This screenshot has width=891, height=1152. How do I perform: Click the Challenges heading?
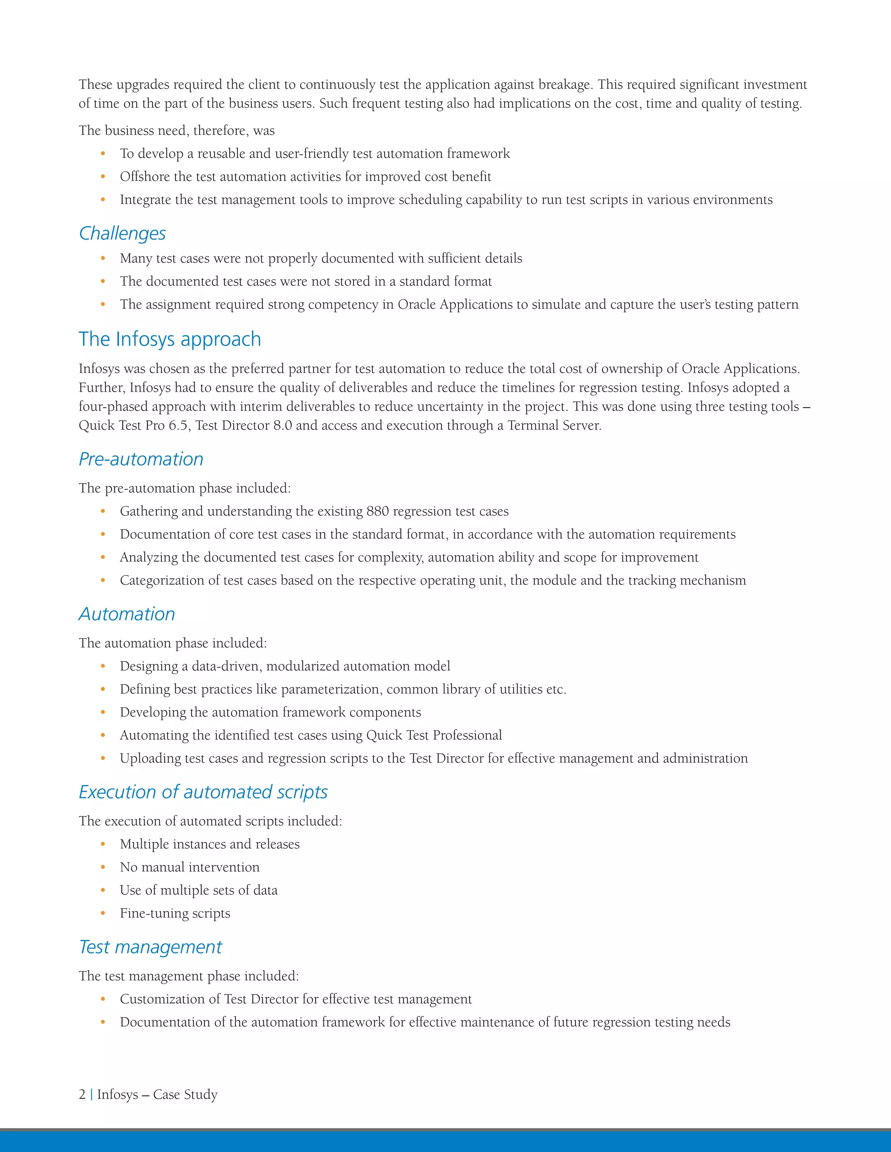(122, 233)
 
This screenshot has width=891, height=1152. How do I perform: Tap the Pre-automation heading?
(141, 459)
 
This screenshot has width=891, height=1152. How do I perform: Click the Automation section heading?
(127, 614)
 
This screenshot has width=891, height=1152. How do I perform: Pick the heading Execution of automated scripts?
(203, 792)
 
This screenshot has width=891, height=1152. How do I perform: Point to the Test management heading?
(151, 947)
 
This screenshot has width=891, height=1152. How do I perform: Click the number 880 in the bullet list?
(377, 511)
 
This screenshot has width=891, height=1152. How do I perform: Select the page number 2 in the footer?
(82, 1095)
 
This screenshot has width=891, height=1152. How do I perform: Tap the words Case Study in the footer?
(185, 1095)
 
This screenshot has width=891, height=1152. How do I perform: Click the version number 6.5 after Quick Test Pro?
(178, 425)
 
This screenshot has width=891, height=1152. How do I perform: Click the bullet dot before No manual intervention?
(103, 867)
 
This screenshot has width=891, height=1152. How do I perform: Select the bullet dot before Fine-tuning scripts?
(103, 913)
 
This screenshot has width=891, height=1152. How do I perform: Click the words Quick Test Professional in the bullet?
(434, 735)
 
